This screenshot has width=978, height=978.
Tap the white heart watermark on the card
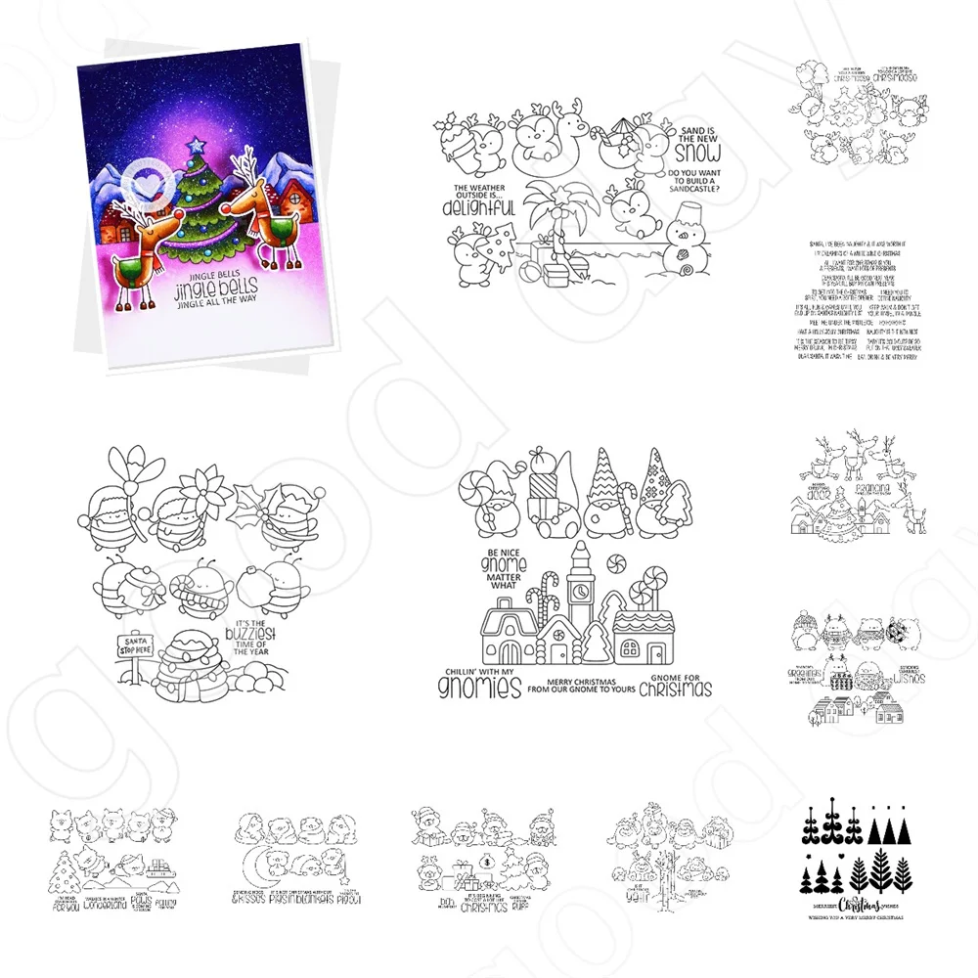[144, 183]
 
